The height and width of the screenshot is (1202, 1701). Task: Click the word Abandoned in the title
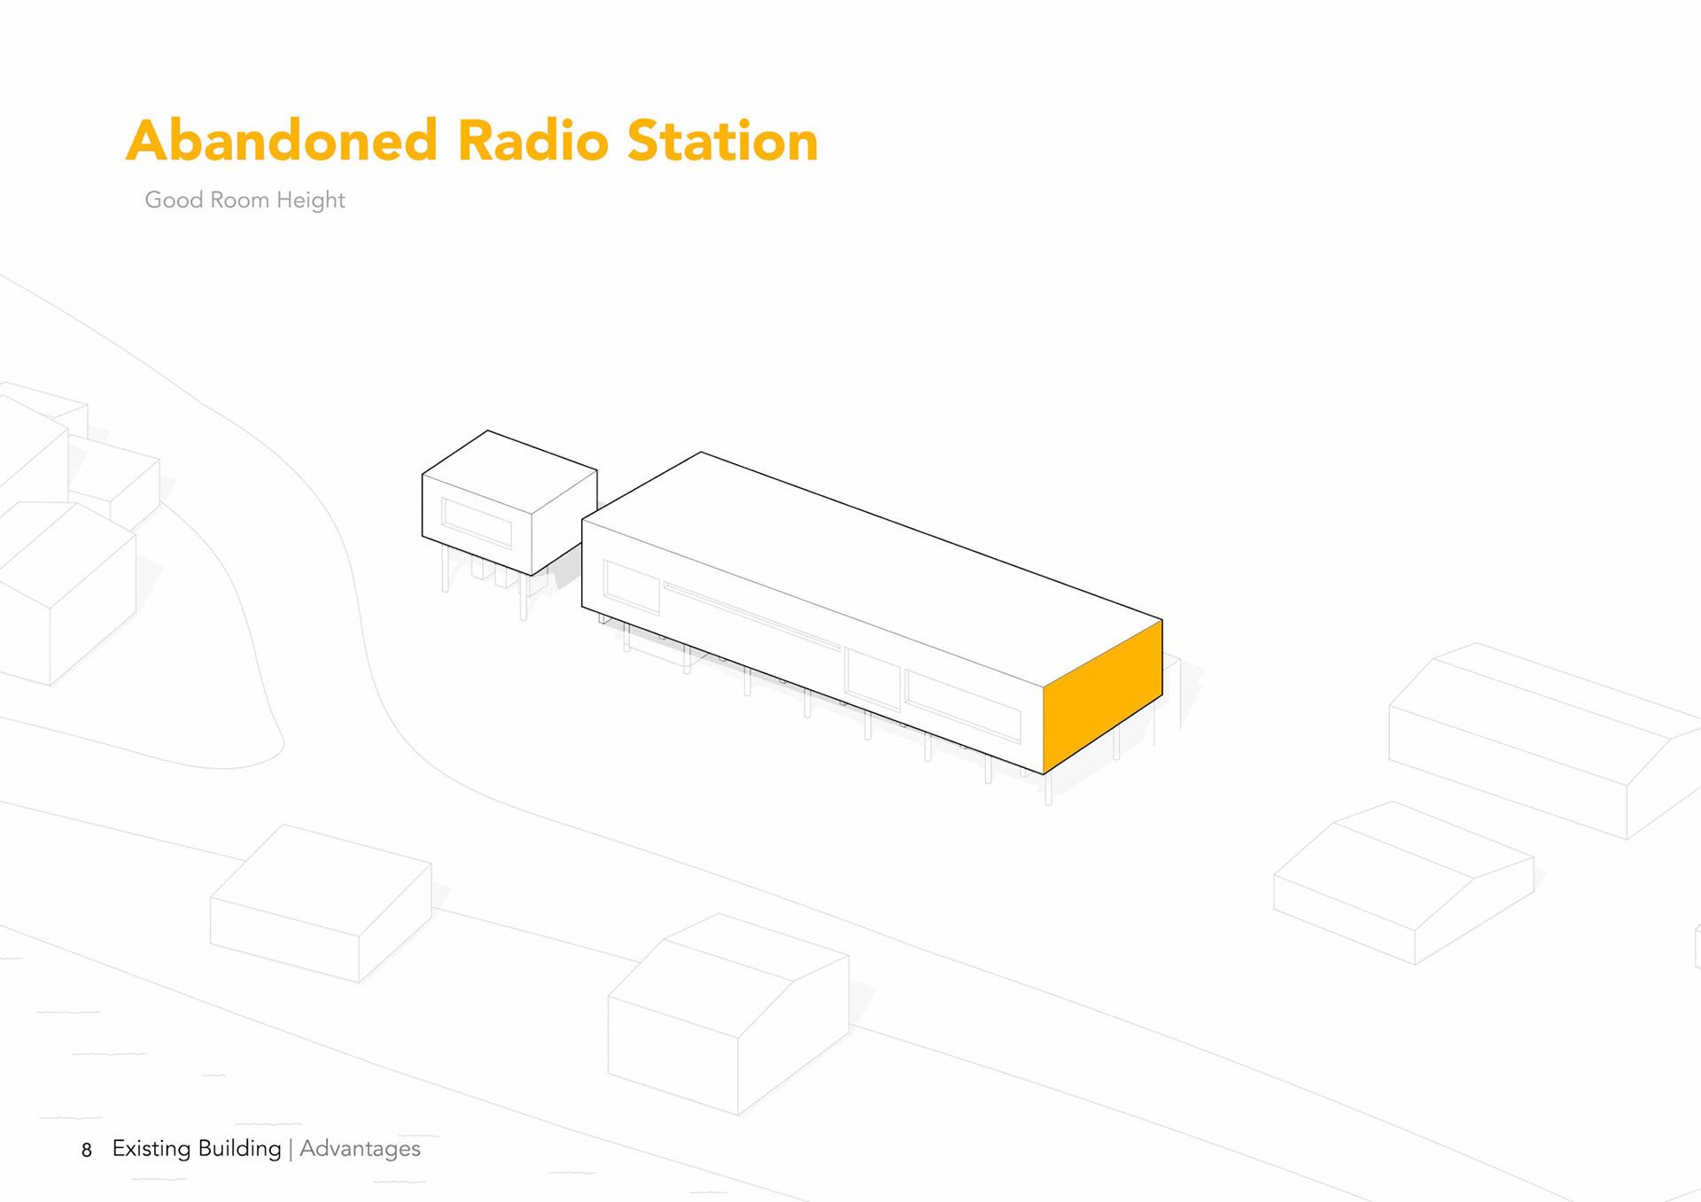point(282,141)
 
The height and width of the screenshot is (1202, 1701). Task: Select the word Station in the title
point(722,141)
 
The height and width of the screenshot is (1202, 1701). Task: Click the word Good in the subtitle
point(174,200)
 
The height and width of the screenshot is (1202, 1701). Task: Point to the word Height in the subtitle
point(310,200)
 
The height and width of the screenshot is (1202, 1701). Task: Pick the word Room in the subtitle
point(239,200)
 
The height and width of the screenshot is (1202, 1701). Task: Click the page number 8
point(87,1151)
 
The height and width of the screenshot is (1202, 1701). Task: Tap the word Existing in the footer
point(151,1149)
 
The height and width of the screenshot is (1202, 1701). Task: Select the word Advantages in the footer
point(360,1149)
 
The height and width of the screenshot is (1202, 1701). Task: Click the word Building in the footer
point(239,1149)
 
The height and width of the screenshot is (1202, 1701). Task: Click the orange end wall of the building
point(1102,696)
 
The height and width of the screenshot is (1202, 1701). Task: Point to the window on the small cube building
point(477,523)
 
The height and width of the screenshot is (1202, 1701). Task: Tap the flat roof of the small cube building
point(509,470)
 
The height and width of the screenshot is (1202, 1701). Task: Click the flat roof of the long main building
point(873,567)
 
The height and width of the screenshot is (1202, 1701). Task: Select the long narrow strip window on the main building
point(751,617)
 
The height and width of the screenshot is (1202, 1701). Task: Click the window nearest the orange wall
point(962,705)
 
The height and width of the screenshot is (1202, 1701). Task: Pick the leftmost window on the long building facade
point(631,585)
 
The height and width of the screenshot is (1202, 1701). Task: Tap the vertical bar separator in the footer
point(291,1149)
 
